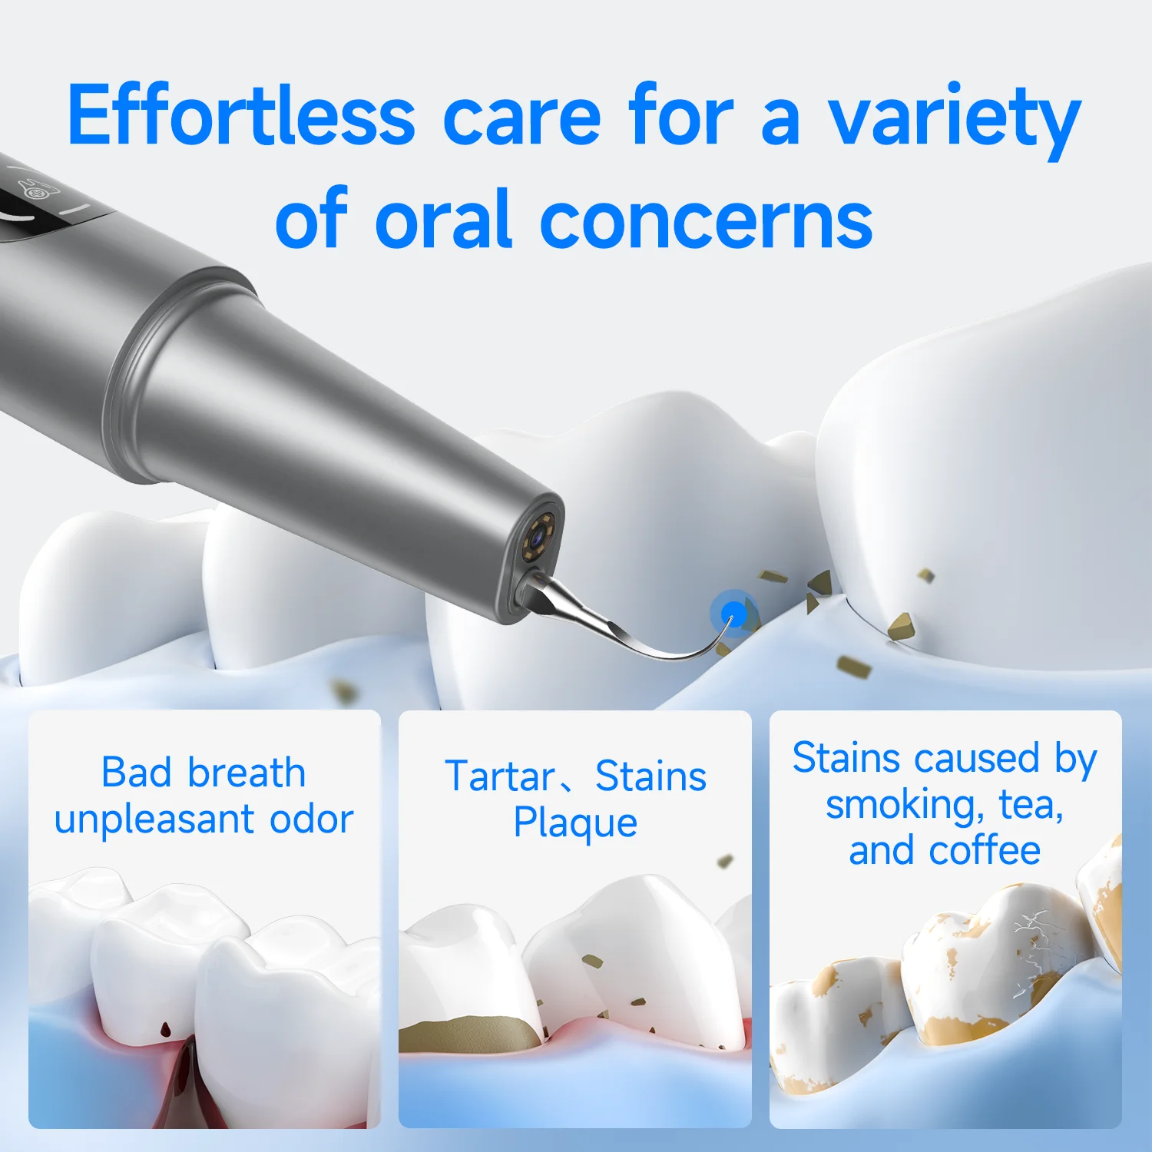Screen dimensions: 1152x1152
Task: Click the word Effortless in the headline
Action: click(241, 115)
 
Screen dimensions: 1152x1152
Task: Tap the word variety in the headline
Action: click(953, 119)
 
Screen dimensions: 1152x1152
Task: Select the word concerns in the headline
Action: click(706, 221)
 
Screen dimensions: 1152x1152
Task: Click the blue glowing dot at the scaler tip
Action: click(733, 613)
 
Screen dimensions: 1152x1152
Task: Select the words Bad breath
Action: click(204, 773)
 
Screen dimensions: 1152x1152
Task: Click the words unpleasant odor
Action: click(204, 819)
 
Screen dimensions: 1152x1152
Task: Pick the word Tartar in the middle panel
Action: click(499, 776)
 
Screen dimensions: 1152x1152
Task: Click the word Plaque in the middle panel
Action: click(575, 823)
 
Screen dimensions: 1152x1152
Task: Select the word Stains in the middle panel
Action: click(650, 776)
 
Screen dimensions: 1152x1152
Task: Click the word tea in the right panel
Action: click(1030, 806)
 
